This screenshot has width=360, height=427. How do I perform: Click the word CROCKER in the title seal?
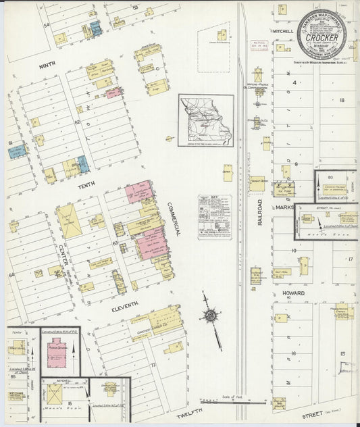click(x=317, y=39)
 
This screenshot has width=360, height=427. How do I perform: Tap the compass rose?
click(x=211, y=316)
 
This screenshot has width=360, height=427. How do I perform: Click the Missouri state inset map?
click(x=206, y=120)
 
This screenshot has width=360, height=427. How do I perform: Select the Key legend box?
click(x=215, y=217)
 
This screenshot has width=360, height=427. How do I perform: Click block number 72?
click(x=153, y=365)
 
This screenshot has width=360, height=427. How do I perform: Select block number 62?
click(x=77, y=122)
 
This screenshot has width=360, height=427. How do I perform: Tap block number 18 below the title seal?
click(x=342, y=100)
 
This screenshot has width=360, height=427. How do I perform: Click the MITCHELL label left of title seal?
click(x=282, y=31)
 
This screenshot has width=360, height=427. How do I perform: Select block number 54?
click(x=47, y=25)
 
